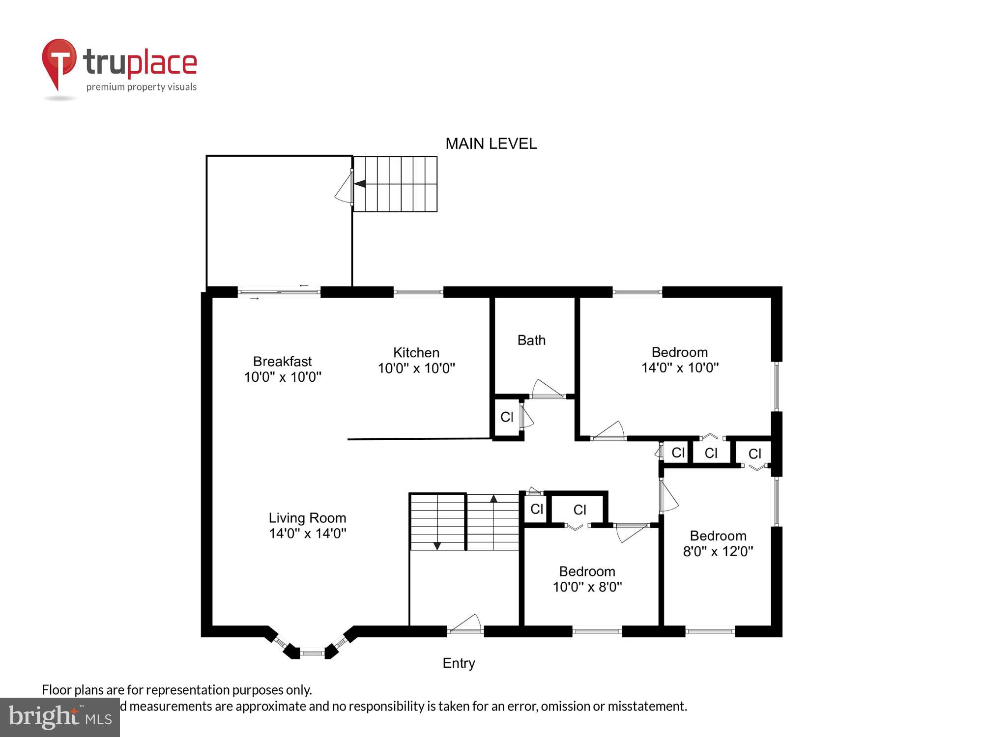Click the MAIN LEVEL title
coord(491,144)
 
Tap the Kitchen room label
coord(416,360)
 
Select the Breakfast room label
coord(283,369)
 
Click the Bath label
coord(531,340)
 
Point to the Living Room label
coord(307,525)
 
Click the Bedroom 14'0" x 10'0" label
coord(680,360)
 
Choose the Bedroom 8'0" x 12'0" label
coord(718,543)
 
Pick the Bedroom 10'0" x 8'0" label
coord(587,579)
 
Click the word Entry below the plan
coord(459,663)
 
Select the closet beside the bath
coord(506,417)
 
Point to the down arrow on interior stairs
coord(437,546)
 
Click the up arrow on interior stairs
coord(493,499)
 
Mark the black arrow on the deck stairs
coord(360,184)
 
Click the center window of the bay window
coord(312,653)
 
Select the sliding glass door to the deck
coord(279,292)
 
